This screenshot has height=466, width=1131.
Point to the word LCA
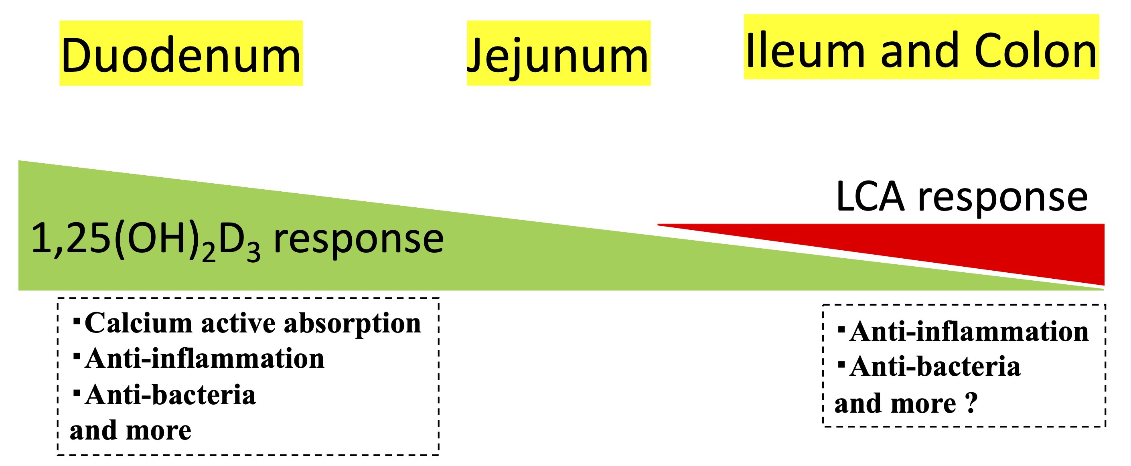[x=870, y=197]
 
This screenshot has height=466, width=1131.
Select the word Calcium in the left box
[x=138, y=324]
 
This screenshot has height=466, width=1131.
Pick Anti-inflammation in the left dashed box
[x=204, y=359]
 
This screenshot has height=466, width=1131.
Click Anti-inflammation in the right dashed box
[x=969, y=332]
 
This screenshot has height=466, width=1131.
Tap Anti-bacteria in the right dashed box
[x=935, y=367]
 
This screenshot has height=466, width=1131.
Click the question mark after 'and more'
[x=972, y=403]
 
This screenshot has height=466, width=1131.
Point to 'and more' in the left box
[x=130, y=430]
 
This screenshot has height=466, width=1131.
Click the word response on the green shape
[x=358, y=239]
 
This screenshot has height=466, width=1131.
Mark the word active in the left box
[x=239, y=324]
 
